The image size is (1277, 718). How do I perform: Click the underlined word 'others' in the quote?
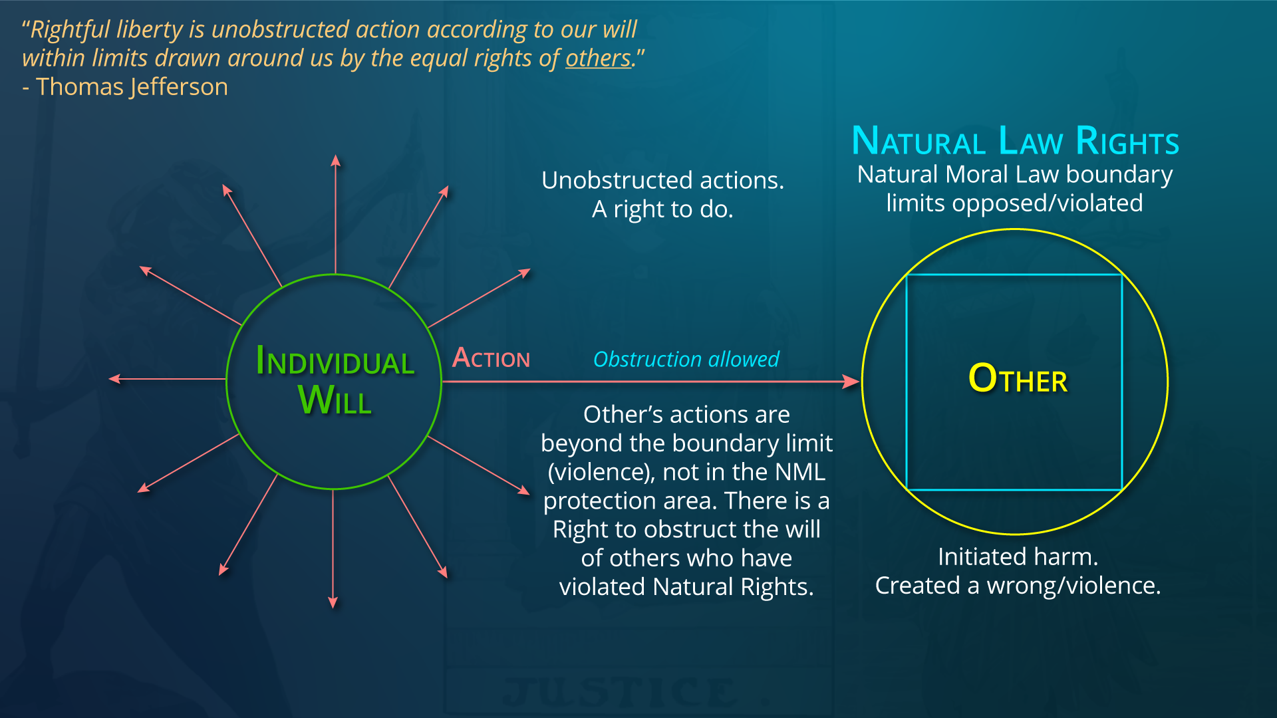(598, 59)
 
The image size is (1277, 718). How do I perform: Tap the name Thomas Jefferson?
(132, 87)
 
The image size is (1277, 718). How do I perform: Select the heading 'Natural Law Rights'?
(1015, 141)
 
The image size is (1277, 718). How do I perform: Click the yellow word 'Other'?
(1018, 378)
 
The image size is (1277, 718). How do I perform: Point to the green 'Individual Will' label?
(335, 380)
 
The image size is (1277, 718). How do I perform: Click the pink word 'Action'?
(491, 358)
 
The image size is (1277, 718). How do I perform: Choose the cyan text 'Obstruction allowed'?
(686, 359)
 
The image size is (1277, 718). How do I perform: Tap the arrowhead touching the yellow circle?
(851, 382)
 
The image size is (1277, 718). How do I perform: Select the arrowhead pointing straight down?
(333, 602)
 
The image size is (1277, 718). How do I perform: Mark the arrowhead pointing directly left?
(114, 379)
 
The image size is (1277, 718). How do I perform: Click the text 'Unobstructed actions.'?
(662, 180)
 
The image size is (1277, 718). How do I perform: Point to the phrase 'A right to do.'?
(662, 209)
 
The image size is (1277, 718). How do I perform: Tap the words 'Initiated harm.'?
(1018, 556)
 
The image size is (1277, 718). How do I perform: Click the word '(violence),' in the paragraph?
(601, 472)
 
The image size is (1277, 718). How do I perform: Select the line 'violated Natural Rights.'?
(686, 587)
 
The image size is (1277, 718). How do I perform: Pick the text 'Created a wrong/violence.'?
(1018, 586)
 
